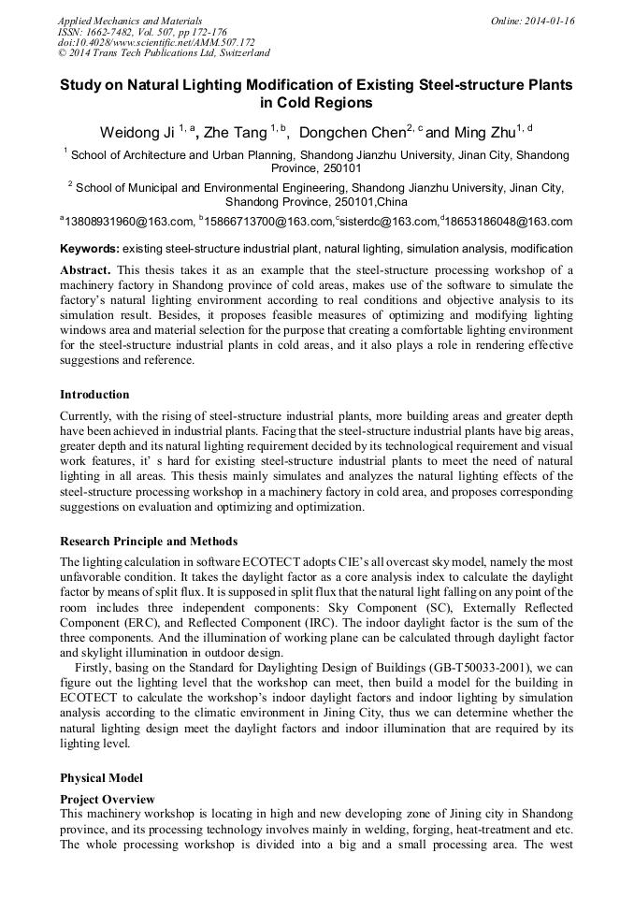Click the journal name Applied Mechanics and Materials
[x=129, y=21]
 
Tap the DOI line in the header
[x=157, y=43]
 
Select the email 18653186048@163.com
[x=508, y=222]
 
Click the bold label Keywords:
[x=90, y=249]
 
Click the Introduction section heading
[x=94, y=394]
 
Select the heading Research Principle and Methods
[x=148, y=542]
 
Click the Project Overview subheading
[x=108, y=799]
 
